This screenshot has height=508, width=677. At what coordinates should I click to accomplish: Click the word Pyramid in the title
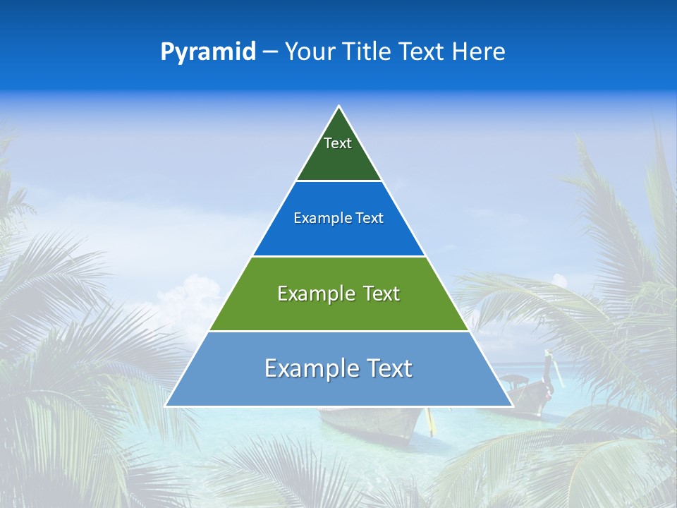tap(208, 52)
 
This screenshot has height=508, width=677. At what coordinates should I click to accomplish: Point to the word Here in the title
tap(479, 52)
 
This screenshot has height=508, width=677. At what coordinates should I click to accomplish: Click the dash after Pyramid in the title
tap(269, 52)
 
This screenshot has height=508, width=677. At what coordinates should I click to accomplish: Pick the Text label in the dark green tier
tap(338, 143)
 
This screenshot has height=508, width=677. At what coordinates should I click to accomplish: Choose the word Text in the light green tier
tap(382, 294)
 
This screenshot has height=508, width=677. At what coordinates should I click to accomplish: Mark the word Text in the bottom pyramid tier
tap(389, 368)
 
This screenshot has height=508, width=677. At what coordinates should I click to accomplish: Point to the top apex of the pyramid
tap(338, 106)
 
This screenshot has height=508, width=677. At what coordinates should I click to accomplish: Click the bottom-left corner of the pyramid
tap(166, 406)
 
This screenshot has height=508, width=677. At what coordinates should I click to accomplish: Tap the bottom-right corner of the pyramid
tap(512, 406)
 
